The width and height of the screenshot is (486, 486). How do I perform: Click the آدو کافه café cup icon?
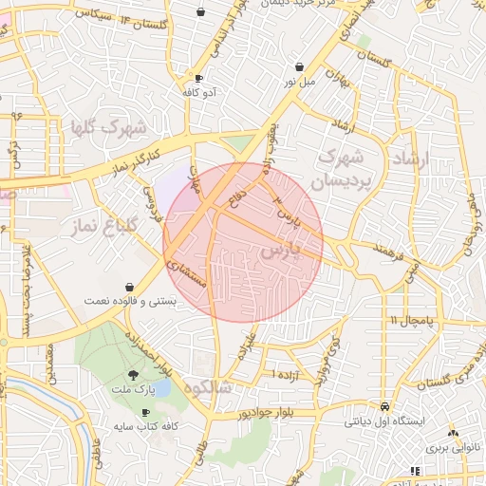click(x=197, y=79)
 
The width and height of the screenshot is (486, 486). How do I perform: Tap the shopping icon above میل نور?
click(x=301, y=67)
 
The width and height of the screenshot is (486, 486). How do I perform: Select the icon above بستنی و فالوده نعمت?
click(x=129, y=286)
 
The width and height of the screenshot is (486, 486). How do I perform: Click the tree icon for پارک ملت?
click(x=145, y=375)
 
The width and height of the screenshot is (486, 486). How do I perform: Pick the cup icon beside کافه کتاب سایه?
click(x=145, y=413)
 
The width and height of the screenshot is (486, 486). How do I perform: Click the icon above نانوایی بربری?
click(x=453, y=430)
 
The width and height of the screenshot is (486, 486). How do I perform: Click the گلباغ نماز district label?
click(x=106, y=225)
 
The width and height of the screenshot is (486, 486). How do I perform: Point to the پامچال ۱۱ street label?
click(x=410, y=322)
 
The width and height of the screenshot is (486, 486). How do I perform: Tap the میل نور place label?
click(x=300, y=84)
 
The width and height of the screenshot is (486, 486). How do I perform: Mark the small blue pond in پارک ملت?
click(x=162, y=387)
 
